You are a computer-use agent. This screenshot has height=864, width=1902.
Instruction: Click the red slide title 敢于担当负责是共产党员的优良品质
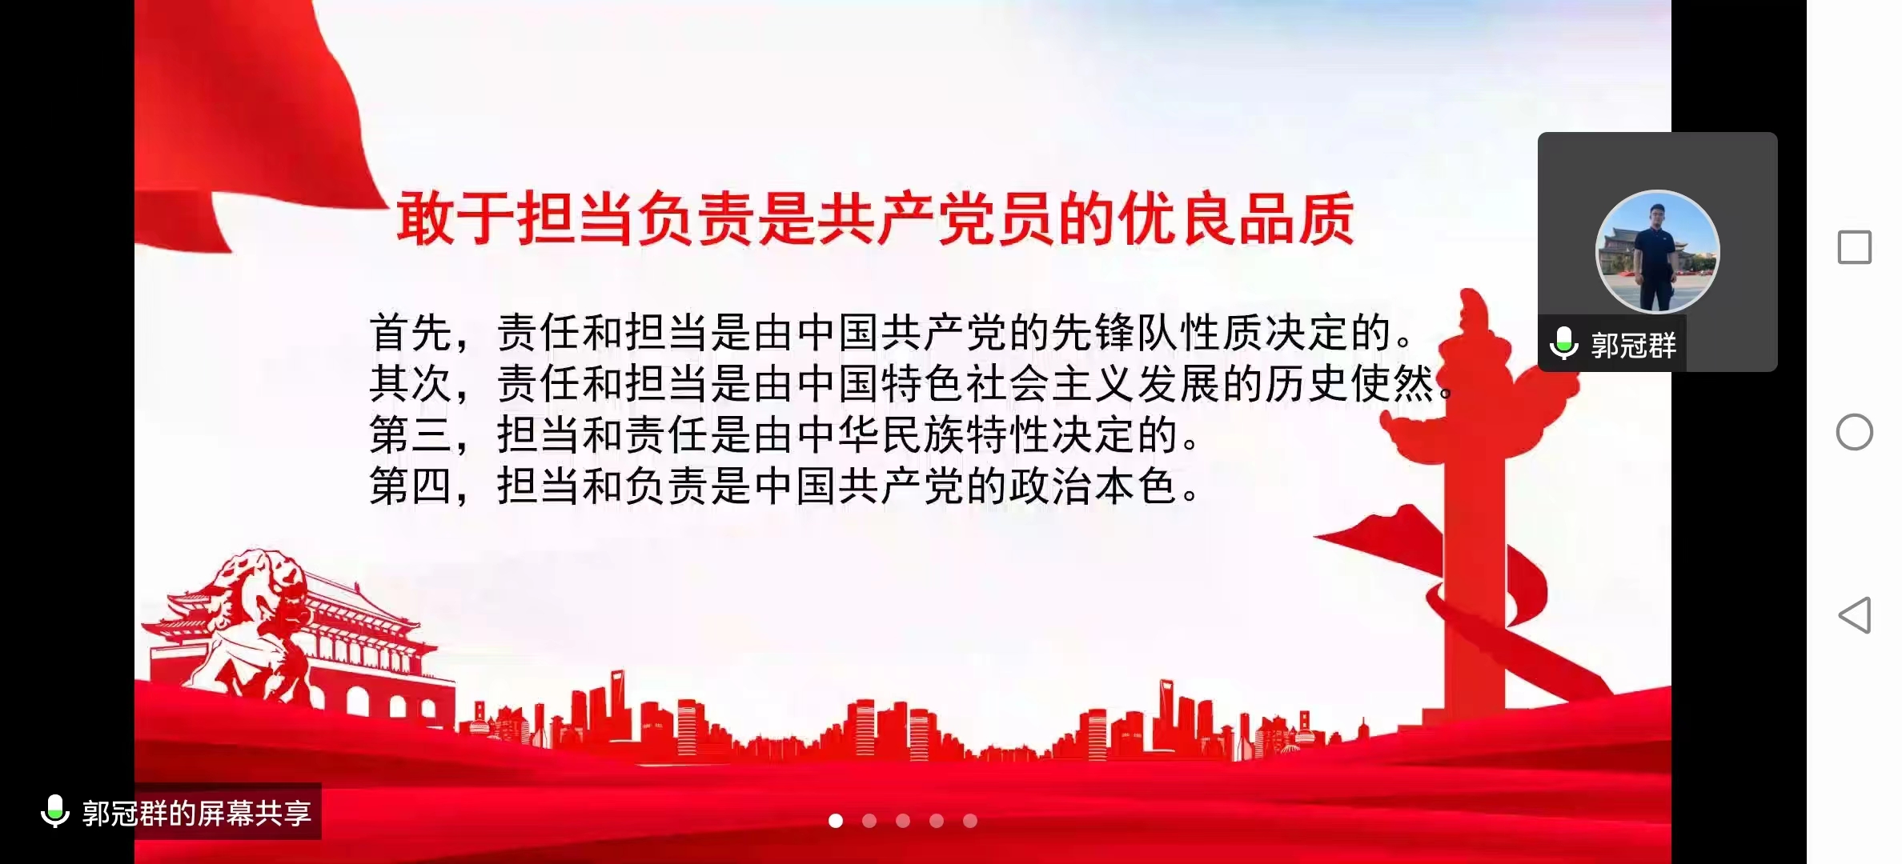click(x=875, y=218)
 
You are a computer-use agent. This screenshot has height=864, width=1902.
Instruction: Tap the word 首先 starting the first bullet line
click(x=411, y=332)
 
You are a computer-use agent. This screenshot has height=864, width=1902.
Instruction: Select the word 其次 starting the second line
click(x=411, y=383)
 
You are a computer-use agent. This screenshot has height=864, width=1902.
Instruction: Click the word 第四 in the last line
click(x=411, y=486)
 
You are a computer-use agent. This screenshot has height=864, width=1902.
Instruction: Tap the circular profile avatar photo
click(x=1657, y=251)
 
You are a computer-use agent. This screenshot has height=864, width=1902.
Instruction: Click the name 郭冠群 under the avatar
click(x=1633, y=346)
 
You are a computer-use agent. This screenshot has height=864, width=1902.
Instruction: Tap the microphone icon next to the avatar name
click(x=1564, y=344)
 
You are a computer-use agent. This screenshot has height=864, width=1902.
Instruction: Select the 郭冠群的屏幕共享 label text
click(x=197, y=813)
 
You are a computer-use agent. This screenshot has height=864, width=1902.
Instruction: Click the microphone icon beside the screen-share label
click(x=54, y=811)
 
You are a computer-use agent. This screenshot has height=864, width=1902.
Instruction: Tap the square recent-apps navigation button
click(x=1854, y=247)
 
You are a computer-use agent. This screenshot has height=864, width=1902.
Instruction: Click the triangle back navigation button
click(x=1855, y=615)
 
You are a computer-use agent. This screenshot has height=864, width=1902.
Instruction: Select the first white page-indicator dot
click(x=836, y=821)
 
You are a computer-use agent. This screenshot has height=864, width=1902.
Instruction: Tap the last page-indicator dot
click(x=970, y=821)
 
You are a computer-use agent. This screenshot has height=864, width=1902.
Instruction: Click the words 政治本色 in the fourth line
click(x=1093, y=486)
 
